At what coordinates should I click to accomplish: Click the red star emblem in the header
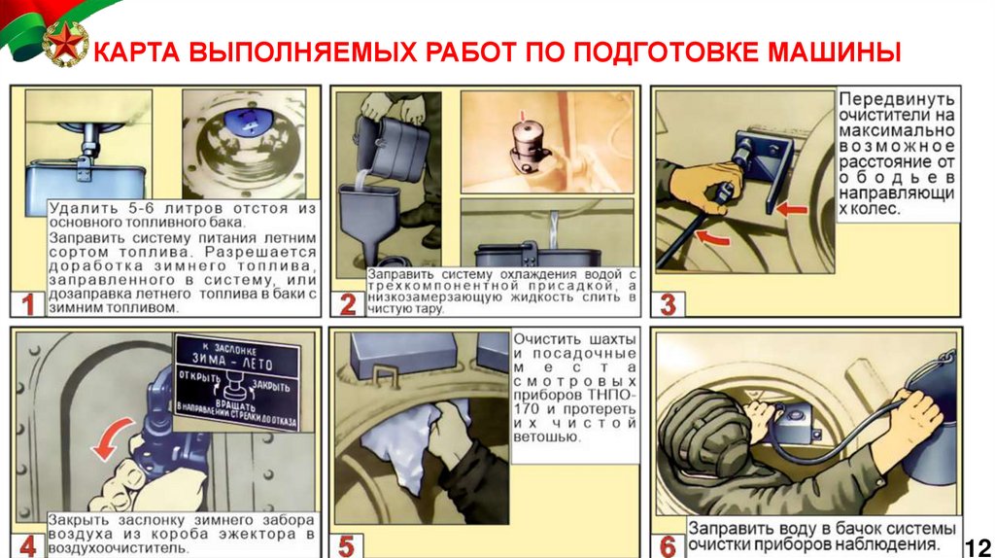[x=65, y=43]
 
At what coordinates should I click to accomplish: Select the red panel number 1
[x=28, y=304]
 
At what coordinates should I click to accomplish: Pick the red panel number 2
[x=348, y=304]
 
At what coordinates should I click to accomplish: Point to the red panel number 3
[x=669, y=304]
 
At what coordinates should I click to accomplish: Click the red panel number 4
[x=28, y=546]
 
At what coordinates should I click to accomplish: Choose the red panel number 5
[x=347, y=546]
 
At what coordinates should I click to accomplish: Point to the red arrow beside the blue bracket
[x=792, y=209]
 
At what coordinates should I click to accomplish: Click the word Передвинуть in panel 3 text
[x=897, y=100]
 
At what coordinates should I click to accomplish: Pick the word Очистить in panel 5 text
[x=538, y=339]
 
